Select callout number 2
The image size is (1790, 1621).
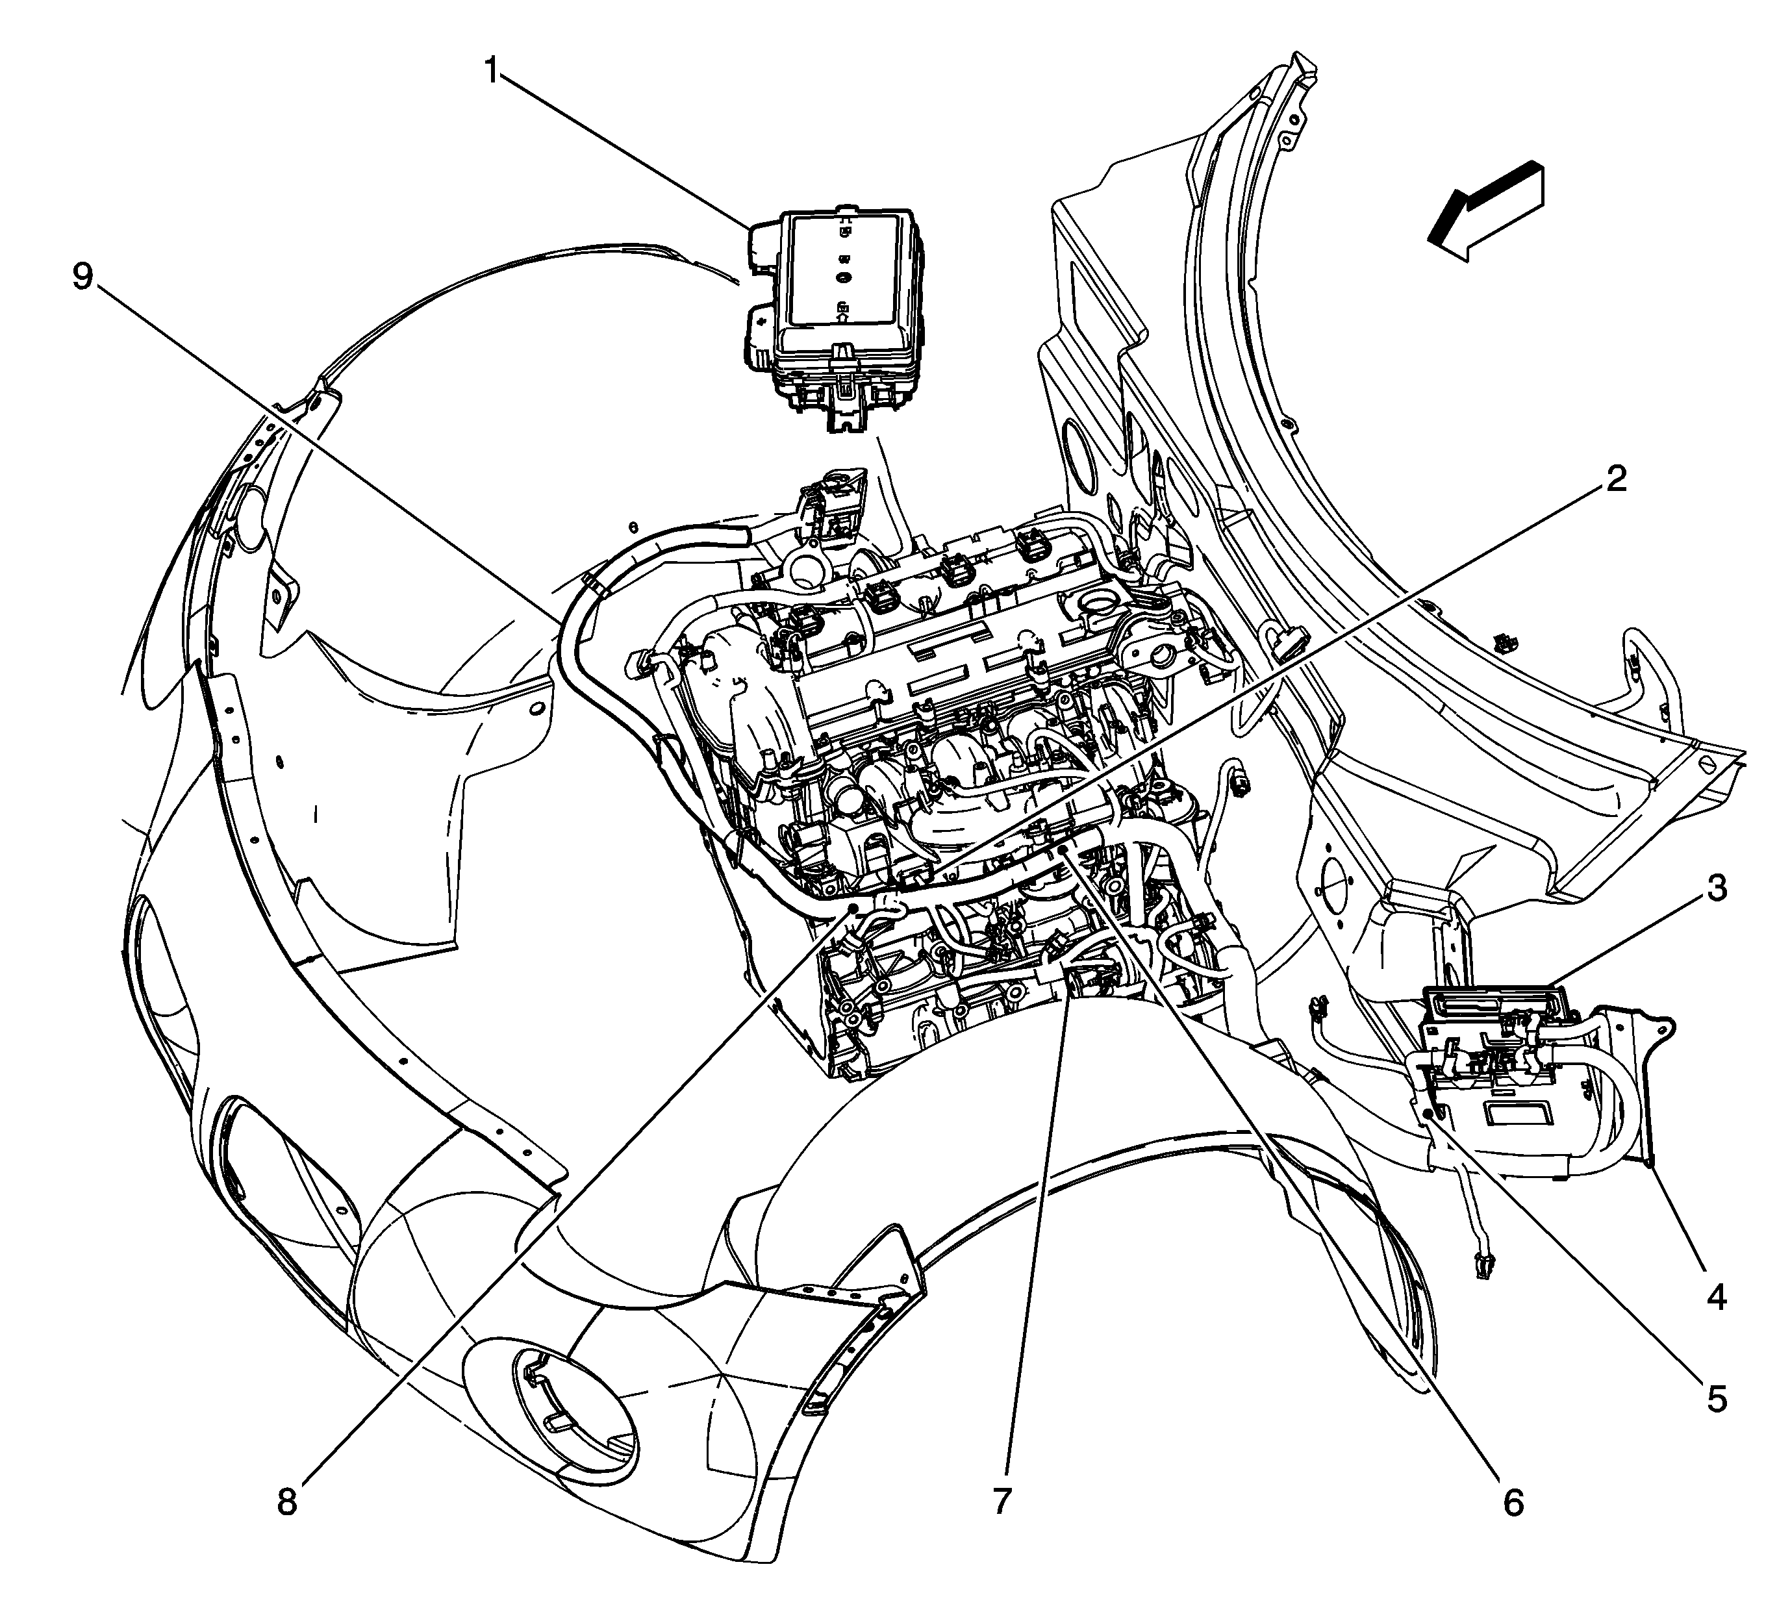[x=1615, y=481]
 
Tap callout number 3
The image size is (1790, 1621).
[x=1717, y=888]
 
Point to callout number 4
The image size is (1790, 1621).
[x=1717, y=1297]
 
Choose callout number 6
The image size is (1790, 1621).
[x=1513, y=1503]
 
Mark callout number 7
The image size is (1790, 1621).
[x=1002, y=1503]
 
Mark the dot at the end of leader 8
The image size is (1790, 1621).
[x=851, y=908]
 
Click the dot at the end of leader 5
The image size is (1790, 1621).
[x=1427, y=1112]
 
